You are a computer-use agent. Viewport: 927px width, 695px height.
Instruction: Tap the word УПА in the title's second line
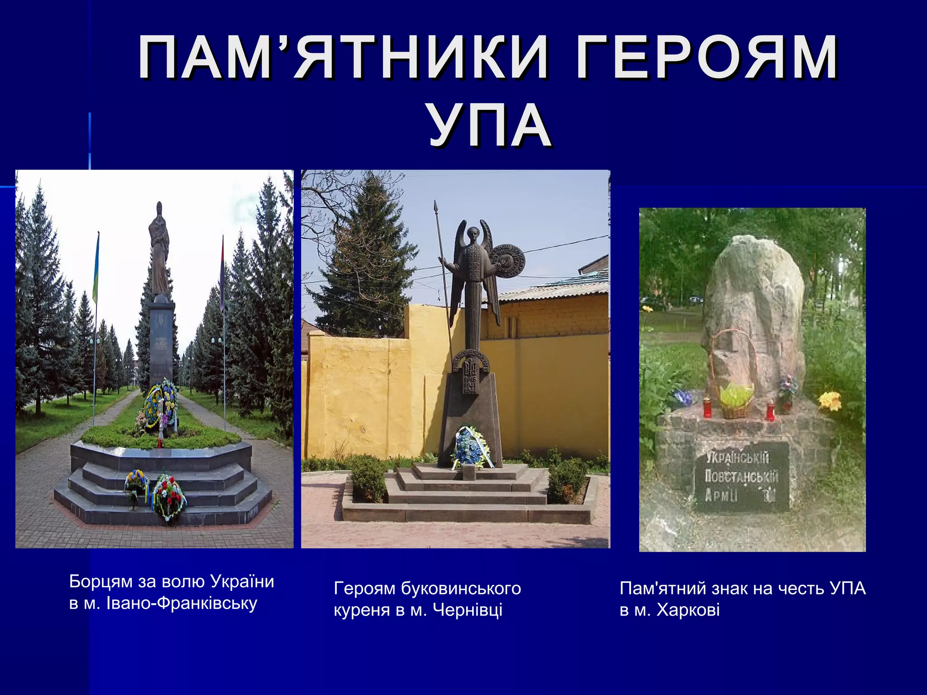490,126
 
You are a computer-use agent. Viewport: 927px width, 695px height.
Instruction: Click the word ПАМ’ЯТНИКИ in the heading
343,58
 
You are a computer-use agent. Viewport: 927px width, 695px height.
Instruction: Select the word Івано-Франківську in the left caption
182,603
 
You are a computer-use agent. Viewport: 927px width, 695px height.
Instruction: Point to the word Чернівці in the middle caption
468,610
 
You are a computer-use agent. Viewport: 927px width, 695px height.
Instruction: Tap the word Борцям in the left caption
100,581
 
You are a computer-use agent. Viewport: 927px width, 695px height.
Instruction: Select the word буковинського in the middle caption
461,588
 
